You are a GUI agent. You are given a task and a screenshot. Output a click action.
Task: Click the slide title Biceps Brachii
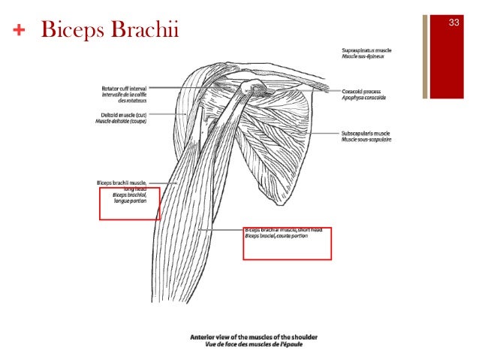pos(110,31)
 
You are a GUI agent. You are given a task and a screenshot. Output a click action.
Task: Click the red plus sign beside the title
pos(19,32)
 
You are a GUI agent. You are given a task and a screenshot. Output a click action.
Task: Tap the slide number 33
pos(453,23)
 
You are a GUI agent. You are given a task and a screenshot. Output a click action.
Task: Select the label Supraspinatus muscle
pos(363,50)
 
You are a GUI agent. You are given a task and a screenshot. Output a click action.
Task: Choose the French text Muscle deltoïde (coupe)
pos(122,121)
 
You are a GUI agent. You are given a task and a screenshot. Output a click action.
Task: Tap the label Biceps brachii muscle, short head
pos(282,230)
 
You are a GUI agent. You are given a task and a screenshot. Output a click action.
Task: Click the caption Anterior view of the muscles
pos(247,337)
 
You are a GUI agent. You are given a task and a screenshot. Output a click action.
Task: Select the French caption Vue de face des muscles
pos(247,344)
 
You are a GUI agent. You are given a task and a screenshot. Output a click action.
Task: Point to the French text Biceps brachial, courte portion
pos(276,236)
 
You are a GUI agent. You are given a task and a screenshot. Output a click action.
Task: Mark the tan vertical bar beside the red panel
pos(425,56)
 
